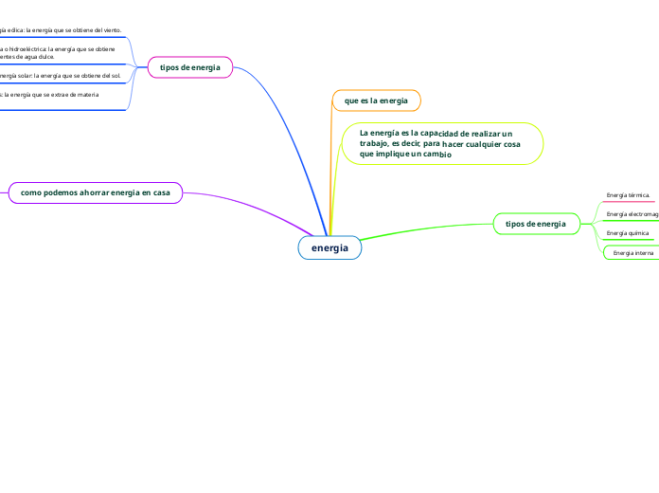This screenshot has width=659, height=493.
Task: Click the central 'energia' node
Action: coord(329,248)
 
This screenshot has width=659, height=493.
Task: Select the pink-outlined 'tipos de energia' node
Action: coord(190,67)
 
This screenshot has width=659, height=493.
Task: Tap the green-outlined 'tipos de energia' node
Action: coord(536,224)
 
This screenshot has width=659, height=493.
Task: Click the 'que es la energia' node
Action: coord(376,100)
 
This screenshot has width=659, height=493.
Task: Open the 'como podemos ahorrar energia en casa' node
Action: coord(96,192)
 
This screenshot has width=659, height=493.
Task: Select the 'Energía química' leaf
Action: coord(628,233)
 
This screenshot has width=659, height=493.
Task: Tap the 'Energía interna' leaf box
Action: coord(632,253)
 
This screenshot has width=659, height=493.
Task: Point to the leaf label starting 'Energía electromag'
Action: coord(632,214)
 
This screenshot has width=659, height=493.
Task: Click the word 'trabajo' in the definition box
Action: coord(374,144)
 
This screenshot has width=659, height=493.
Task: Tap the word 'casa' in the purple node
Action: coord(162,192)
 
